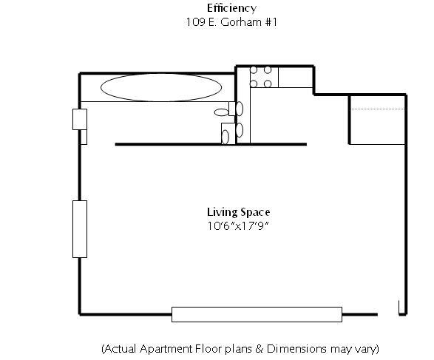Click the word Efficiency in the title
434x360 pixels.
point(231,8)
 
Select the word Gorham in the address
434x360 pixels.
point(241,22)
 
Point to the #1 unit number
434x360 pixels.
point(271,22)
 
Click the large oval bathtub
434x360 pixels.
point(161,87)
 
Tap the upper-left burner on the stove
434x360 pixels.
point(254,70)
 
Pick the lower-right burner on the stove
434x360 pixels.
point(268,84)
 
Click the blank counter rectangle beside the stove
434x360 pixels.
point(295,77)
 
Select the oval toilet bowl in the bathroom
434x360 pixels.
point(221,112)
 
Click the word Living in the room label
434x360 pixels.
point(223,212)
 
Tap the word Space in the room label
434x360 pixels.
point(255,212)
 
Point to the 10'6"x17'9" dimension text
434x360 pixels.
point(238,226)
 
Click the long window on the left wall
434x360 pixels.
point(80,229)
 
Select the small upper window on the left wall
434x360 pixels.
point(80,119)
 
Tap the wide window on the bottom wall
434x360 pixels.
point(257,314)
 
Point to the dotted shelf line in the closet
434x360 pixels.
point(378,109)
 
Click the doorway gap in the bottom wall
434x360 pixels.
point(388,314)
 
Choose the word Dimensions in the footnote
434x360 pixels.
point(296,349)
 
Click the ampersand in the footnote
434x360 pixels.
point(259,349)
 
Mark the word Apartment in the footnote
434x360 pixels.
point(166,349)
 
